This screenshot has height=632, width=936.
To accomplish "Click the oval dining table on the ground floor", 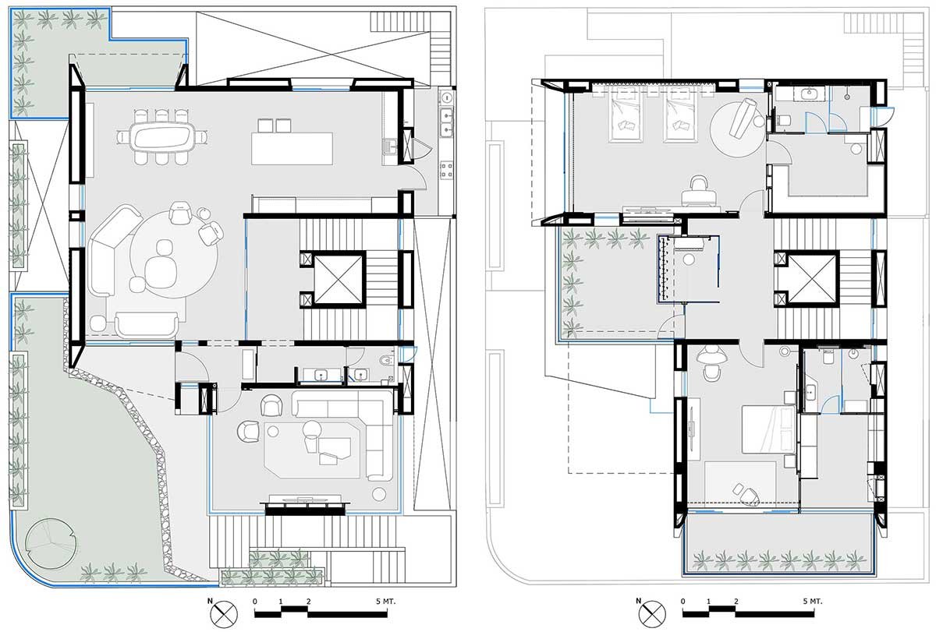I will tap(163, 139).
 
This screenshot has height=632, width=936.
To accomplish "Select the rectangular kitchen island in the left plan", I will tap(292, 148).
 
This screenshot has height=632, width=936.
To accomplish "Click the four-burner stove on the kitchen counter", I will tap(447, 170).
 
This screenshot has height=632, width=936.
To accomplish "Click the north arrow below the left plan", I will tap(220, 613).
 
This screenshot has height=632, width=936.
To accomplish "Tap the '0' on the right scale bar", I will tap(682, 602).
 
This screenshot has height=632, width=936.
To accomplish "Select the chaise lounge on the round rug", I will tap(741, 117).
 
